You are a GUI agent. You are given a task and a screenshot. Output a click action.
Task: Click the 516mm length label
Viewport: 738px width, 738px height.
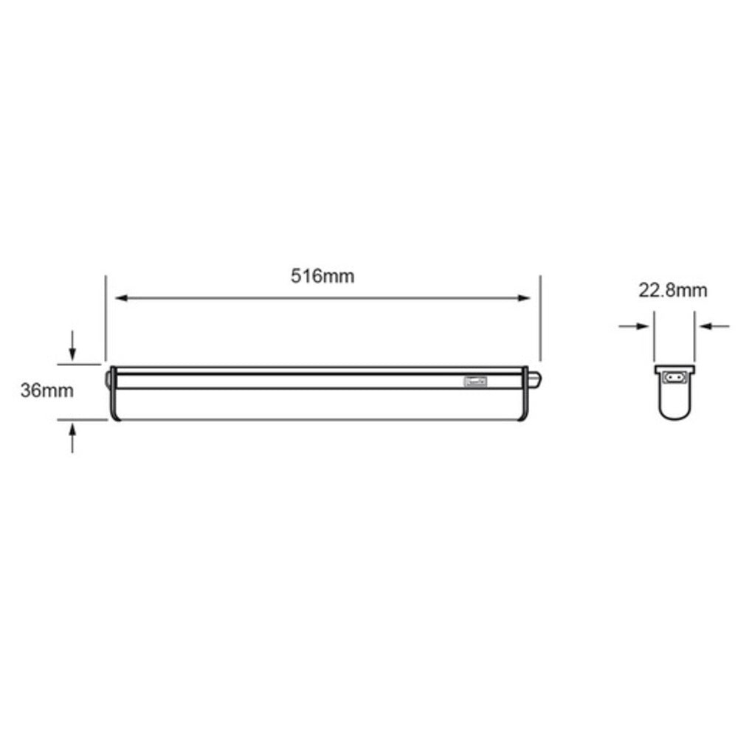(x=323, y=277)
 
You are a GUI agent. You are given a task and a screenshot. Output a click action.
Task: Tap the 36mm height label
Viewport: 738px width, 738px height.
(x=46, y=391)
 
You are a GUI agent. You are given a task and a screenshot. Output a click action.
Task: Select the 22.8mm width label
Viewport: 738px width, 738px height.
(x=672, y=290)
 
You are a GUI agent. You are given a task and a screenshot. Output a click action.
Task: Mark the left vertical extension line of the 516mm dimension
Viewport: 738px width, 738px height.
(x=106, y=317)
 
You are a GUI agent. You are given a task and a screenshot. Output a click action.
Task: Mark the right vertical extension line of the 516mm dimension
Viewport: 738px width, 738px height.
(x=541, y=317)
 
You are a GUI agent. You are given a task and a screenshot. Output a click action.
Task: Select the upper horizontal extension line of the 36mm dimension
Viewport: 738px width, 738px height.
(x=80, y=364)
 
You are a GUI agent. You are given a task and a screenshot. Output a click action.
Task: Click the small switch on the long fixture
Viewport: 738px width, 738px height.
(x=475, y=382)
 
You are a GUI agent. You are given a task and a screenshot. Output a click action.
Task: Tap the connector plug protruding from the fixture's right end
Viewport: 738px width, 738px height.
(x=535, y=379)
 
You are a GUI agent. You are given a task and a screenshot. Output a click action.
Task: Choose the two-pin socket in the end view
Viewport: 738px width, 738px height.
(x=675, y=376)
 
